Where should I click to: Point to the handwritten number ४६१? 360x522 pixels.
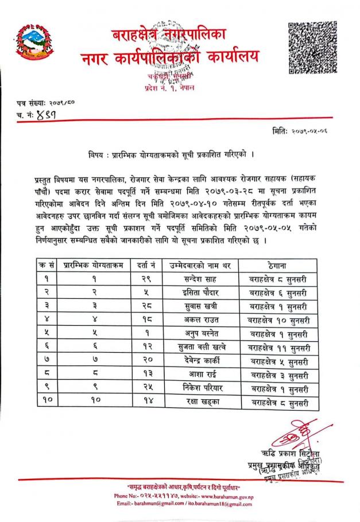tap(49, 114)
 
